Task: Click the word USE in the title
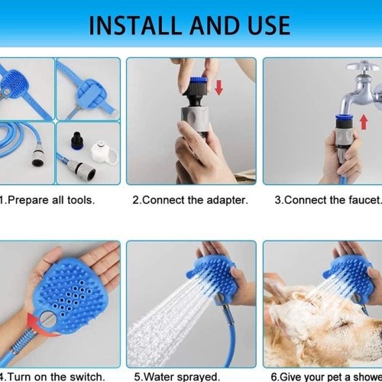tap(269, 25)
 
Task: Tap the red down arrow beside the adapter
tap(219, 87)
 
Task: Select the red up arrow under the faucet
tap(364, 122)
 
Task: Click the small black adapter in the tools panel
tap(76, 141)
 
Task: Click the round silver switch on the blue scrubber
tap(47, 319)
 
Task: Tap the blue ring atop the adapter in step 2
tap(199, 79)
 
